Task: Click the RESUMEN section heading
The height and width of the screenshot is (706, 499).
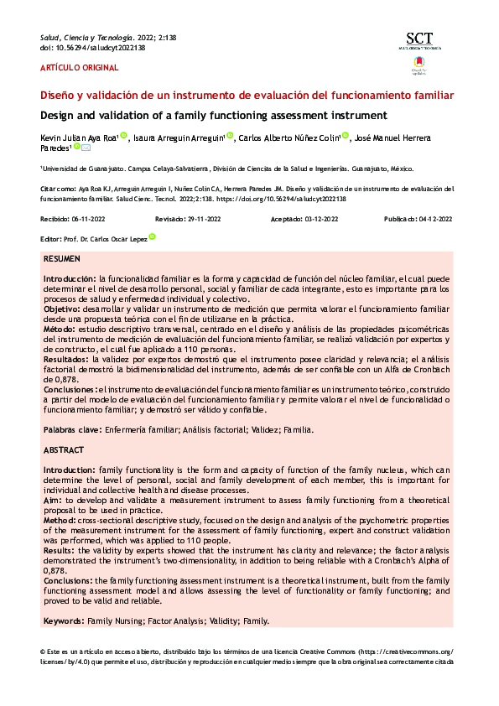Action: pyautogui.click(x=62, y=260)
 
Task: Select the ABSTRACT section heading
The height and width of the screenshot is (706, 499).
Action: pyautogui.click(x=64, y=450)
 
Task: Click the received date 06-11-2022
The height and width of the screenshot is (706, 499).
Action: pyautogui.click(x=87, y=220)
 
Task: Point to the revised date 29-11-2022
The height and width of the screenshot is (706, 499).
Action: pyautogui.click(x=203, y=220)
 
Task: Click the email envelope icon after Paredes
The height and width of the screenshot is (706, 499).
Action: pyautogui.click(x=86, y=148)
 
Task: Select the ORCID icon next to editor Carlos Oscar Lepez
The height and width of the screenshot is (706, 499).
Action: pyautogui.click(x=152, y=237)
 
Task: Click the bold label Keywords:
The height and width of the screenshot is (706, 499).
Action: pyautogui.click(x=64, y=620)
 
